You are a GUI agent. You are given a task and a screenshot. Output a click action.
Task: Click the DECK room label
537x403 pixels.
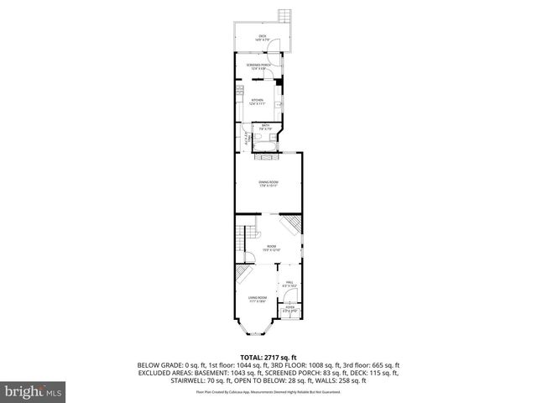(263, 37)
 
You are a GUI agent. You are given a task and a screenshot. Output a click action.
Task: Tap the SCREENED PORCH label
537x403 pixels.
(258, 66)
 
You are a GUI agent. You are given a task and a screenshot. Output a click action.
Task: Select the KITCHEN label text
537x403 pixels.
(257, 102)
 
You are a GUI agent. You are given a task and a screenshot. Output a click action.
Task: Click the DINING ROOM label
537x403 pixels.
(268, 183)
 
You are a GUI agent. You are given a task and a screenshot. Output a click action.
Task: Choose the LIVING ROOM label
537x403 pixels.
(257, 299)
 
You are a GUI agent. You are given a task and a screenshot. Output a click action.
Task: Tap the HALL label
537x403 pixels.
(289, 285)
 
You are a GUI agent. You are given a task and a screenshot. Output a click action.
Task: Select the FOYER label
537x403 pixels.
(289, 309)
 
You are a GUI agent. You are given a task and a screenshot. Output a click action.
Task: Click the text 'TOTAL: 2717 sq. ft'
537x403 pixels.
(268, 357)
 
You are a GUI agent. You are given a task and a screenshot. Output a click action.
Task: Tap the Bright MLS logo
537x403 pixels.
(33, 391)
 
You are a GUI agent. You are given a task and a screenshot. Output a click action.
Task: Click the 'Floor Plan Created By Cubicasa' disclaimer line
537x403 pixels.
(268, 392)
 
